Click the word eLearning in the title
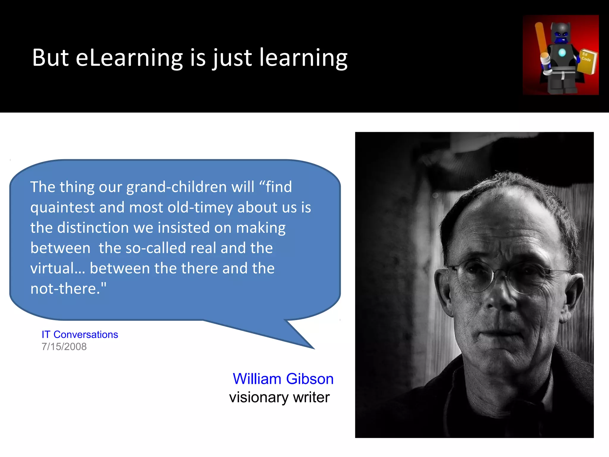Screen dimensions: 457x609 pyautogui.click(x=129, y=58)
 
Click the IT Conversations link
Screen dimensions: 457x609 pyautogui.click(x=80, y=334)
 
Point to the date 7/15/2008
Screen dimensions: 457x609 pyautogui.click(x=64, y=347)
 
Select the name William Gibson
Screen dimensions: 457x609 pyautogui.click(x=283, y=379)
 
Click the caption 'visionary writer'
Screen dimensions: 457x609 pyautogui.click(x=279, y=397)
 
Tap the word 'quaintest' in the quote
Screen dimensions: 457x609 pyautogui.click(x=62, y=207)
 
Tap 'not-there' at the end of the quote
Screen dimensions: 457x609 pyautogui.click(x=65, y=289)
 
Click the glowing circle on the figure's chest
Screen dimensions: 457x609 pyautogui.click(x=562, y=53)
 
